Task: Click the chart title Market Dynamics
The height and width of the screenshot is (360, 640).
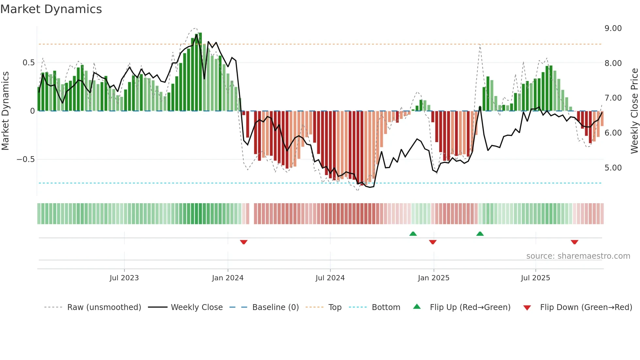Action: (x=51, y=9)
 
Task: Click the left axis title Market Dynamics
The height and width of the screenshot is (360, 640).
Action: (x=5, y=111)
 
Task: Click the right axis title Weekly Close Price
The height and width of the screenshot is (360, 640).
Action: (x=634, y=111)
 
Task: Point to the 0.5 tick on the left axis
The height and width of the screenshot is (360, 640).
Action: (x=28, y=63)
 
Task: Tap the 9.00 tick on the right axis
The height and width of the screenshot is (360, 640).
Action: (x=613, y=28)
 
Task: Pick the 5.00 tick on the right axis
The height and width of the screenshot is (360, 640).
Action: (x=613, y=168)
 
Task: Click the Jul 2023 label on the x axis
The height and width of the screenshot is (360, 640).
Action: (x=124, y=278)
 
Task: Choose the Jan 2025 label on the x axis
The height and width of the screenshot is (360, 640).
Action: (x=433, y=278)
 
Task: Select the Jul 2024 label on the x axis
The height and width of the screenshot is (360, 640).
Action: (x=330, y=278)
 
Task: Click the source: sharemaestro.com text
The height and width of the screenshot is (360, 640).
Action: (x=578, y=256)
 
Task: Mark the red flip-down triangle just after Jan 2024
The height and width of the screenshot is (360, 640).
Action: (x=244, y=242)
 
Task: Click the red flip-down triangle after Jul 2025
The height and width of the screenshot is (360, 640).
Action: (x=574, y=242)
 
